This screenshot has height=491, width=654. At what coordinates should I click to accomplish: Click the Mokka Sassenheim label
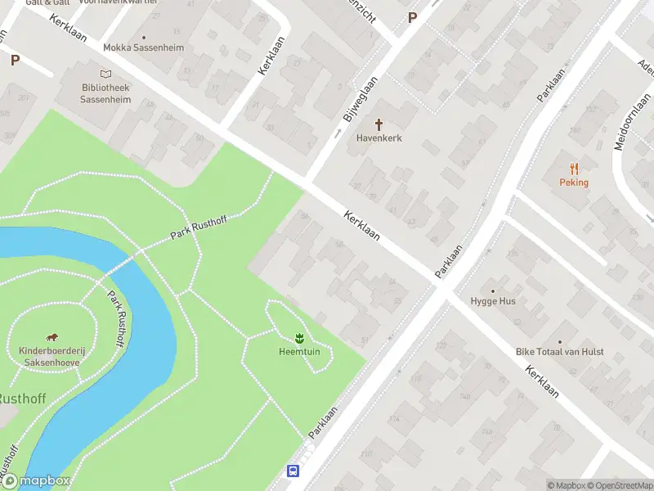tap(144, 47)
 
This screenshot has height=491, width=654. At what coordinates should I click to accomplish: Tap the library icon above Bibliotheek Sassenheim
tap(105, 74)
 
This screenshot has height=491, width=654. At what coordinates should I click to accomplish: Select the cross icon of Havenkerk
tap(379, 124)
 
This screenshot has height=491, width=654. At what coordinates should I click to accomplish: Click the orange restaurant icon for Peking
tap(574, 169)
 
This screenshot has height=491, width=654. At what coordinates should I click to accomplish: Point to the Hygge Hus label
tap(493, 301)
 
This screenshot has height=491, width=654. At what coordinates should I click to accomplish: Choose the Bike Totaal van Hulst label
tap(560, 352)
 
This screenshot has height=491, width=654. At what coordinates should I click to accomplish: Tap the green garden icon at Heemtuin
tap(299, 338)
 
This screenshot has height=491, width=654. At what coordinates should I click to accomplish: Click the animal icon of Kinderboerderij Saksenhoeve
tap(52, 337)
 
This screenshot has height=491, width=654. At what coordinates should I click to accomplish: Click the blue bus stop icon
tap(293, 471)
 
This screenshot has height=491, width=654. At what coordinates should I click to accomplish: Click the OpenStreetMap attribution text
tap(619, 485)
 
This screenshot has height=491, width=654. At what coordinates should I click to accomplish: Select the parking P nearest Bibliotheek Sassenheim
tap(15, 59)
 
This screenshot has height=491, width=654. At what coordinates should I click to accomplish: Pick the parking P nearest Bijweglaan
tap(412, 16)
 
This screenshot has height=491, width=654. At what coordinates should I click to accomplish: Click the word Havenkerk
tap(379, 138)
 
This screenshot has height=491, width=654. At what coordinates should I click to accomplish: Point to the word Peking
tap(574, 182)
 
